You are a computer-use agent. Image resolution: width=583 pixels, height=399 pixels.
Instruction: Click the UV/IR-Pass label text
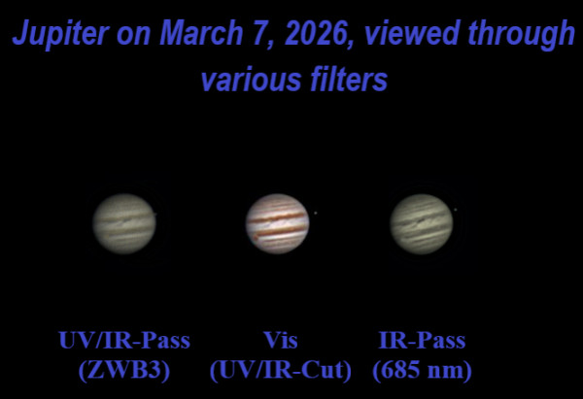pos(123,341)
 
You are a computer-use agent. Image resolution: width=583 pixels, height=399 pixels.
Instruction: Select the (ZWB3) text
pos(123,371)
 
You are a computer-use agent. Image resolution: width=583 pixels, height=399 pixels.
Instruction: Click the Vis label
pos(280,341)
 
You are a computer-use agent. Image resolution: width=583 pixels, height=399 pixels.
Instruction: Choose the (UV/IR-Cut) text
pos(281,371)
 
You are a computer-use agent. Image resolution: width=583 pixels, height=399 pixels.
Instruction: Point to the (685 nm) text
pos(421,371)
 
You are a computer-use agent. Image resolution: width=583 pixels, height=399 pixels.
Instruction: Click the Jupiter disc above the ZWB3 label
pos(123,223)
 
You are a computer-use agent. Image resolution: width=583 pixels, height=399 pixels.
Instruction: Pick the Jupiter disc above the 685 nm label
pos(421,223)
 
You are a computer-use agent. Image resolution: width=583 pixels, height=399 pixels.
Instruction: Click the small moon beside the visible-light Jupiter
pos(315,213)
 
